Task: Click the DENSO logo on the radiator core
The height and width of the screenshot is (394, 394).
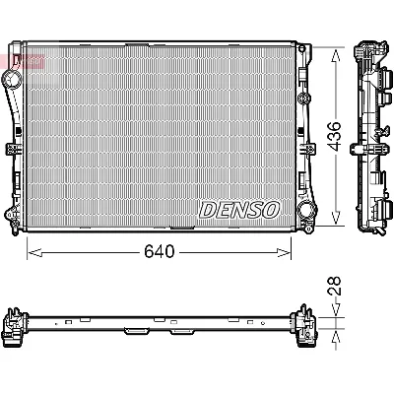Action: (x=240, y=209)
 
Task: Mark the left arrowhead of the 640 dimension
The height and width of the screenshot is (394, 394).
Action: (x=31, y=251)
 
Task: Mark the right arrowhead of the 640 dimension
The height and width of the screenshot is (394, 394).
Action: (x=293, y=251)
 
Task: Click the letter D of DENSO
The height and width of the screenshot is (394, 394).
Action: (x=207, y=209)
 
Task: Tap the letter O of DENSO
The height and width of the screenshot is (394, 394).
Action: (x=274, y=209)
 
